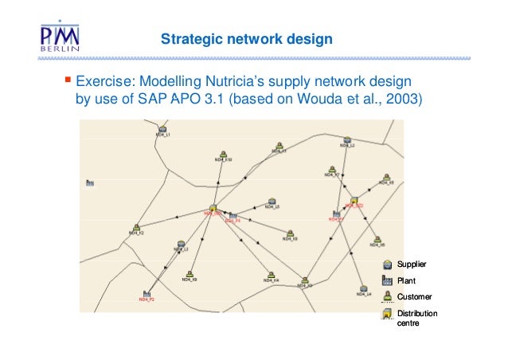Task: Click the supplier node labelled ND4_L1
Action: tap(162, 129)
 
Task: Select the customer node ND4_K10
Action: tap(223, 154)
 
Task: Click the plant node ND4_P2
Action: tap(147, 293)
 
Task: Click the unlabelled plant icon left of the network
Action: tap(90, 183)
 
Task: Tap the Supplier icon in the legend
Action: tap(387, 264)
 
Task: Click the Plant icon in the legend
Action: tap(387, 280)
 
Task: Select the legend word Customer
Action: tap(414, 296)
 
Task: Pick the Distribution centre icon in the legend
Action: tap(387, 315)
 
